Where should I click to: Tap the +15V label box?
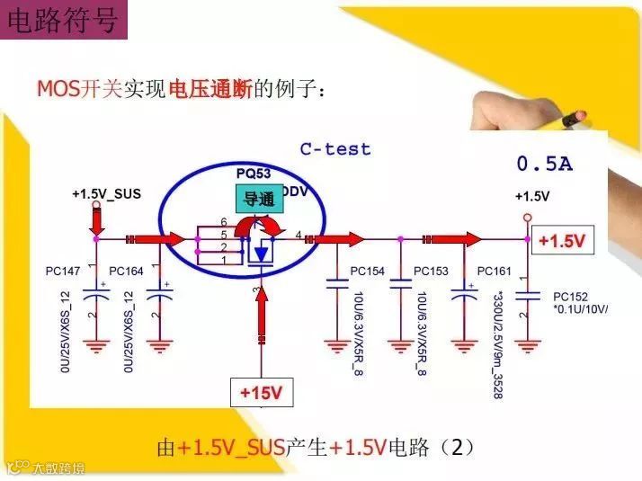261,392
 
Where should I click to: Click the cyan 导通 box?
259,199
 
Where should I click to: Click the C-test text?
334,149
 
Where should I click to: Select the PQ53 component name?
254,173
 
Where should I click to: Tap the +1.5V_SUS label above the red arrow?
106,193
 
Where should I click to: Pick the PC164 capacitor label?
127,270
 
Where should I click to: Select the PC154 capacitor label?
367,271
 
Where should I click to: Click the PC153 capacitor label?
431,271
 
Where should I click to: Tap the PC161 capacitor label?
495,271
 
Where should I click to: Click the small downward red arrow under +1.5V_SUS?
94,218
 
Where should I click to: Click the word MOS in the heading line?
58,89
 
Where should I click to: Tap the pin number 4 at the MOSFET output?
298,235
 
